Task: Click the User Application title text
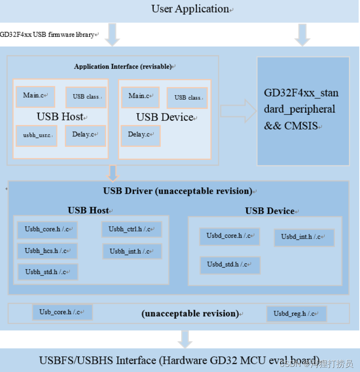(190, 9)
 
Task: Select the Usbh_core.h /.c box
(47, 230)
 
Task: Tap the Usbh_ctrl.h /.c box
(132, 229)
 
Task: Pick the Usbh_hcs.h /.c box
(47, 251)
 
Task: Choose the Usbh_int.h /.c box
(132, 251)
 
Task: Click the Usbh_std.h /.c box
(48, 272)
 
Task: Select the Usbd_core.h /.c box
(230, 236)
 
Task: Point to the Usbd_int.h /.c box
(304, 237)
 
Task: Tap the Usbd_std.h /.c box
(230, 265)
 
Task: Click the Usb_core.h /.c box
(62, 312)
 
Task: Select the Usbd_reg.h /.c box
(296, 314)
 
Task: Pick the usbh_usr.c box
(37, 136)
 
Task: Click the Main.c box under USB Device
(140, 96)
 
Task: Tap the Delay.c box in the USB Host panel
(85, 135)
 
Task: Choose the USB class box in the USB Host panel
(85, 97)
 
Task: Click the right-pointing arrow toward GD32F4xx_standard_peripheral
(238, 111)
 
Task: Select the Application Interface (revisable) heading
(123, 66)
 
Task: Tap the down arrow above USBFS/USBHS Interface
(185, 339)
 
